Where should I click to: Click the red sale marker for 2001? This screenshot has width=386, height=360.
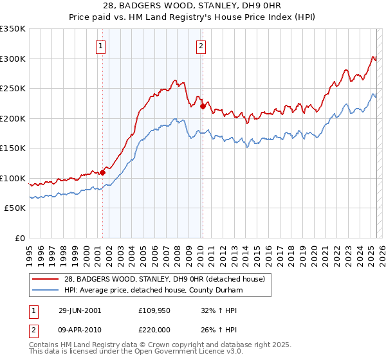[102, 172]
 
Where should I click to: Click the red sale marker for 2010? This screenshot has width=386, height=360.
[202, 107]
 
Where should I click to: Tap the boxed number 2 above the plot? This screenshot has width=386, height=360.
[201, 45]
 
